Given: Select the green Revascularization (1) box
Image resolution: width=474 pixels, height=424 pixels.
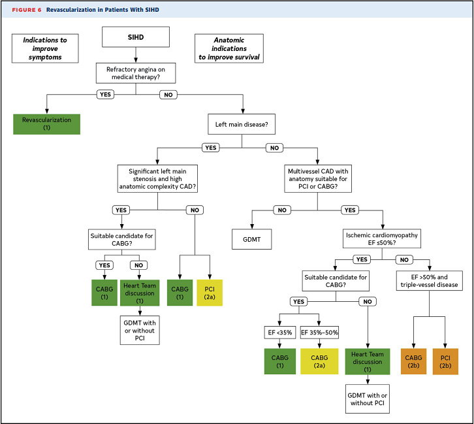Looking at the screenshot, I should point(46,124).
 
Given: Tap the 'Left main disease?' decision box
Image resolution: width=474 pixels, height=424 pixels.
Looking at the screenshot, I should point(242,123).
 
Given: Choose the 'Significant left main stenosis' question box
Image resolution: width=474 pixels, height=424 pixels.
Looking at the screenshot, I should point(159,178).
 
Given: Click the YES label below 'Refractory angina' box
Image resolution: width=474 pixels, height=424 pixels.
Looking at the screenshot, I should point(105,94).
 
